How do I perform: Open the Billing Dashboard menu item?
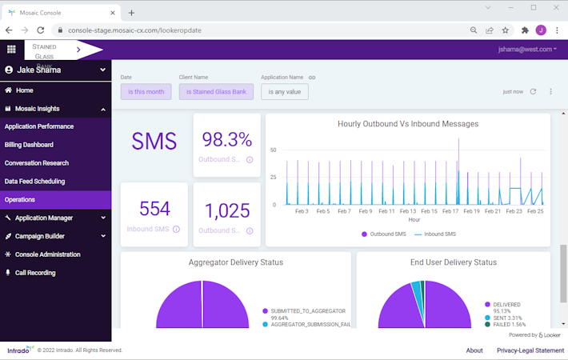pos(30,145)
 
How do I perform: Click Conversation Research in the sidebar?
pos(37,163)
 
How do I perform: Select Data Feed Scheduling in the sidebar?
pos(35,182)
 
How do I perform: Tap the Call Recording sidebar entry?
pos(35,273)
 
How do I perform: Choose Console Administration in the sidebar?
pos(47,254)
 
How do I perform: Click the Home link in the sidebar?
pos(24,90)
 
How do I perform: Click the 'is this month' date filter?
pos(146,92)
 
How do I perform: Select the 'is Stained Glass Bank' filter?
pos(216,92)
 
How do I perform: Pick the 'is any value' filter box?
pos(284,92)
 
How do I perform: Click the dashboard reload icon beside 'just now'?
pos(533,92)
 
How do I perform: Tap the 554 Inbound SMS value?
pos(154,209)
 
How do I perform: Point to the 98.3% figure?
pos(226,140)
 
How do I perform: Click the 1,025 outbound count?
pos(226,210)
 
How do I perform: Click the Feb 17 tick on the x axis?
pos(450,211)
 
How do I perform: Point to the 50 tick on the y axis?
pos(273,150)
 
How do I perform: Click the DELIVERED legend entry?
pos(506,305)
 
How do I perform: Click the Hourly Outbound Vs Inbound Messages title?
pos(408,124)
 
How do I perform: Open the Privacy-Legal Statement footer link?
pos(530,350)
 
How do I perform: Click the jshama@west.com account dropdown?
pos(526,50)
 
